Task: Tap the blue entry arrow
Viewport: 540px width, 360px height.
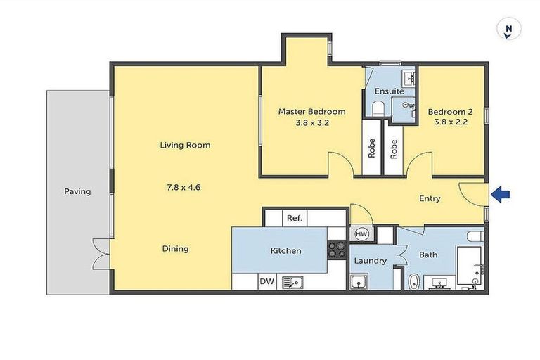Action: (500, 195)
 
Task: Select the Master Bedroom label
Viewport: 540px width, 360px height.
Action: (311, 112)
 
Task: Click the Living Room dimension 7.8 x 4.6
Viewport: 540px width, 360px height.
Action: (184, 187)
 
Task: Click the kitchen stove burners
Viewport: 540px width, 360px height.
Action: (337, 250)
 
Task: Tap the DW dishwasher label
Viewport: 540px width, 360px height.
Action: (266, 282)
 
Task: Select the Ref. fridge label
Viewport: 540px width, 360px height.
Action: (294, 218)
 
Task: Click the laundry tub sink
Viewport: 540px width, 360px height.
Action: (359, 283)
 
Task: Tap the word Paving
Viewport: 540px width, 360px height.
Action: (77, 191)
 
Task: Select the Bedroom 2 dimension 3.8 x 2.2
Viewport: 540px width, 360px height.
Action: (450, 122)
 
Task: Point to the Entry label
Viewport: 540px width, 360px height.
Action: (430, 198)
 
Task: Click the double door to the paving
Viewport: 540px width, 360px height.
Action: (101, 253)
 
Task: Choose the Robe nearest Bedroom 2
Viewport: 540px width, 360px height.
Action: (394, 148)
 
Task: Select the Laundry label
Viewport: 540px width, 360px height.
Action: (370, 261)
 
